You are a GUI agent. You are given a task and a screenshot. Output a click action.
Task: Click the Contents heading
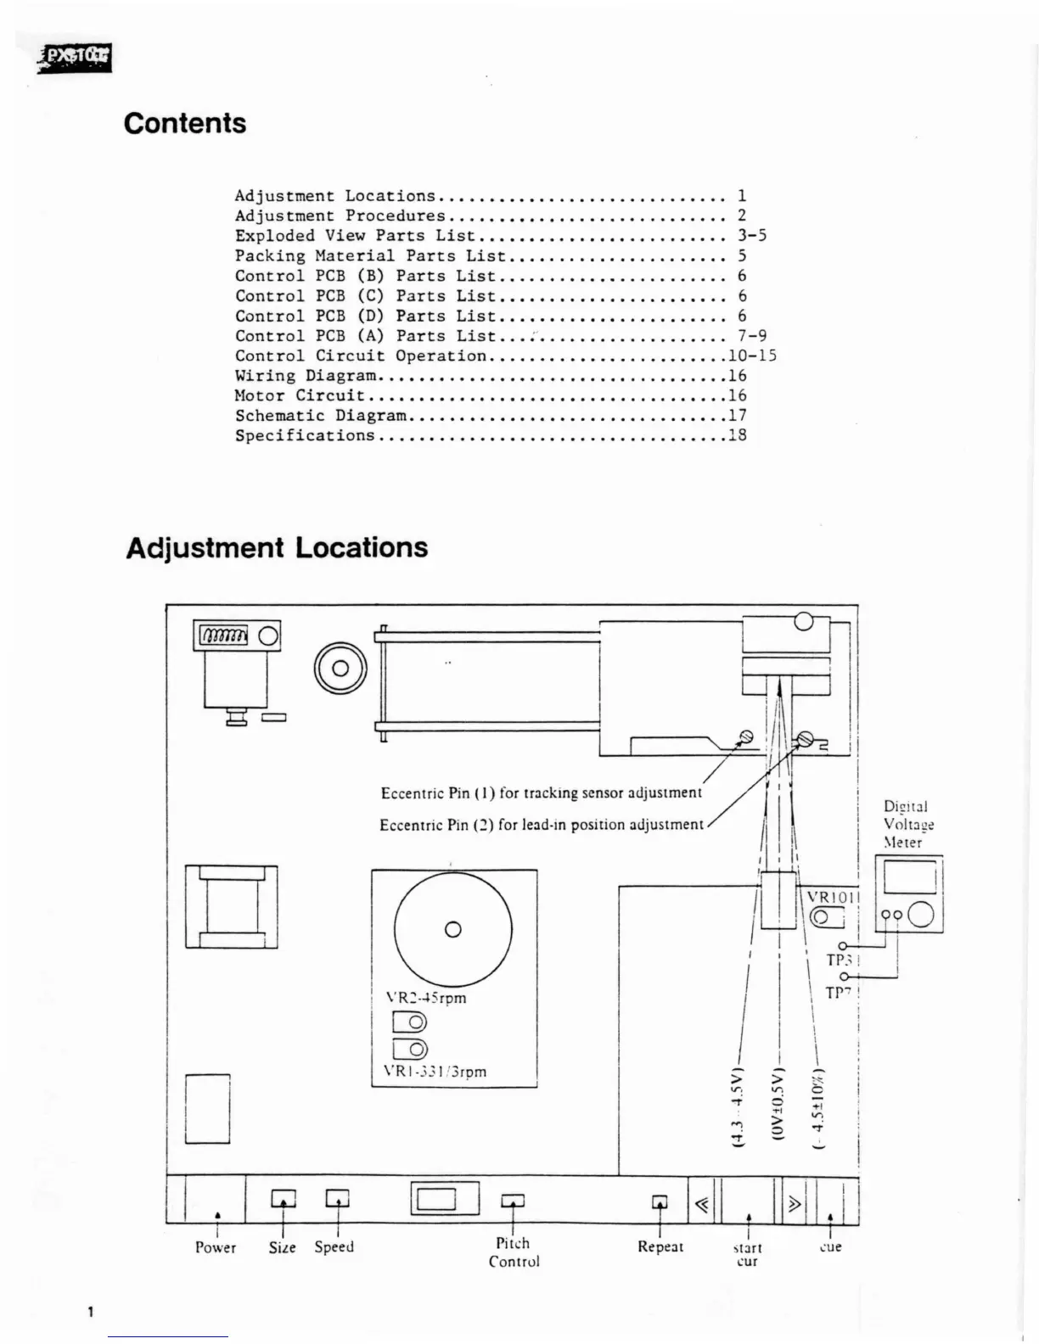(x=185, y=123)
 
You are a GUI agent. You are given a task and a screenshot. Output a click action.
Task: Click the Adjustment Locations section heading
(x=277, y=547)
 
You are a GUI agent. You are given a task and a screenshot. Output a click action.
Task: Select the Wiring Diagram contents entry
(x=306, y=375)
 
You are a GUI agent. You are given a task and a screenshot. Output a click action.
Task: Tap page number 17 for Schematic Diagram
(x=737, y=415)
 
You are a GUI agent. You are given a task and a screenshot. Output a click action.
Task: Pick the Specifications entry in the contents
(x=305, y=435)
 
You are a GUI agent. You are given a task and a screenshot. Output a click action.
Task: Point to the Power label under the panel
(x=216, y=1247)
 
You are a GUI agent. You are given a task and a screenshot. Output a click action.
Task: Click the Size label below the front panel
(x=282, y=1247)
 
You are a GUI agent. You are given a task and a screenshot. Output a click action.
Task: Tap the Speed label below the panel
(x=334, y=1247)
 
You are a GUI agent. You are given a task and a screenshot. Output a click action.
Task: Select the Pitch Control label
(x=514, y=1252)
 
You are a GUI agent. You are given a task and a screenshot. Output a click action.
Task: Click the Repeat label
(x=660, y=1246)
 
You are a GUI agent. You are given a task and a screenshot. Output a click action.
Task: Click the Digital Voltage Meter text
(x=905, y=824)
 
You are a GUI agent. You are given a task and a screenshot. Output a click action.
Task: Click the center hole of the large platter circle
(x=453, y=929)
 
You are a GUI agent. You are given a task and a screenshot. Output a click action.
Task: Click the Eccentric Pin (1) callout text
(x=541, y=793)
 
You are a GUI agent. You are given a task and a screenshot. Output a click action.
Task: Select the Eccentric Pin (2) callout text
(x=541, y=825)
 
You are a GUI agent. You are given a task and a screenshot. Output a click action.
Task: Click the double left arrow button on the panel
(x=702, y=1202)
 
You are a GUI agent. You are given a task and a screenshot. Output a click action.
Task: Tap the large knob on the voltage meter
(x=921, y=915)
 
